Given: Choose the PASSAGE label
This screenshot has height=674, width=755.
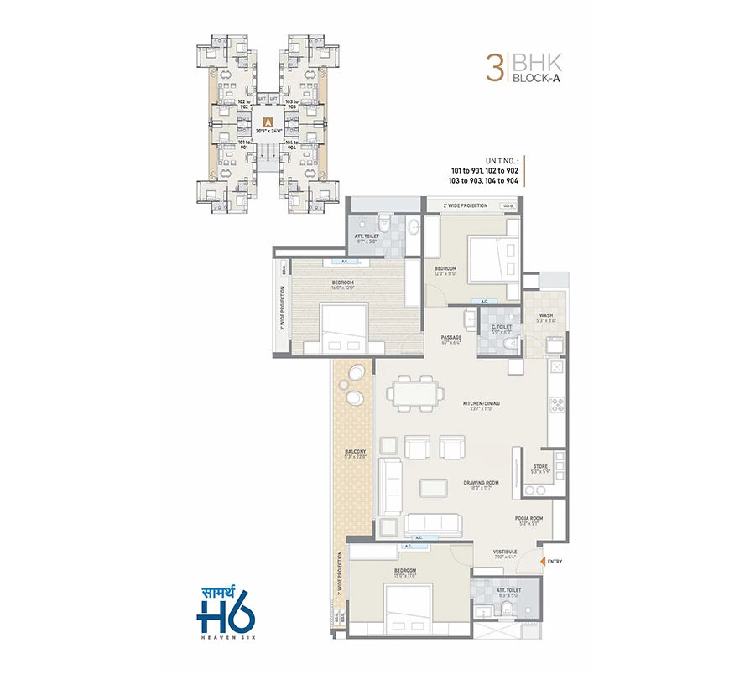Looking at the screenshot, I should [x=451, y=340].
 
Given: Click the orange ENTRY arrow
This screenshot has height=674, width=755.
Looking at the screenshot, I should [x=544, y=561].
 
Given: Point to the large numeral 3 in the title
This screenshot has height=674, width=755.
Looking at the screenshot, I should [x=493, y=68].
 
